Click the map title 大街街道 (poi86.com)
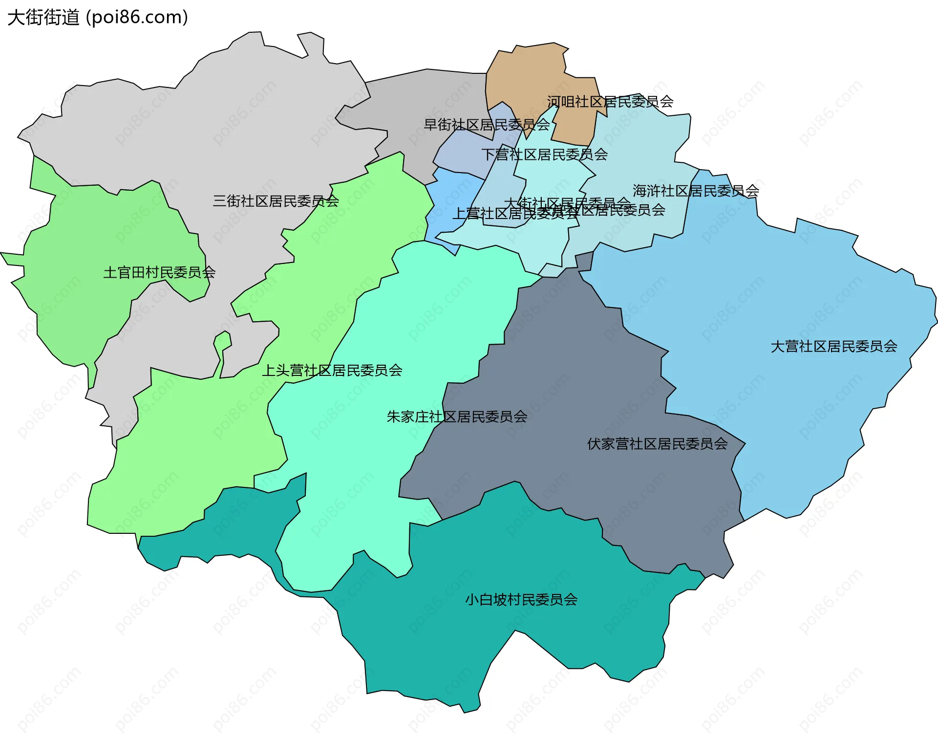coord(98,18)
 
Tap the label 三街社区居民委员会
coord(276,201)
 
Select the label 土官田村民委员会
coord(159,272)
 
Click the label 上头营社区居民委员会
coord(332,371)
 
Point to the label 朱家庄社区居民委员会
coord(457,416)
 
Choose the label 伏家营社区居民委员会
coord(657,444)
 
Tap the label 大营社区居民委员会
coord(833,347)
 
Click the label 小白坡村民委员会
coord(521,600)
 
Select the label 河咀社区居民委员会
coord(610,102)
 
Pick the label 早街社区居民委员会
coord(487,125)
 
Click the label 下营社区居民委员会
coord(544,154)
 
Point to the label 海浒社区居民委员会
coord(696,191)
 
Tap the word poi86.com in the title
coord(137,18)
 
